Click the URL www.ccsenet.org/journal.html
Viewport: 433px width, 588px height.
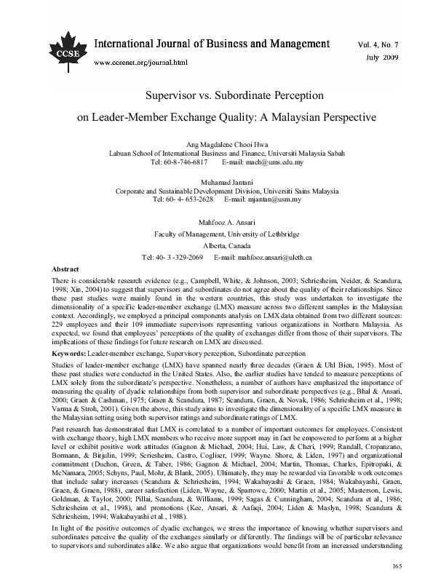[x=141, y=63]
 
